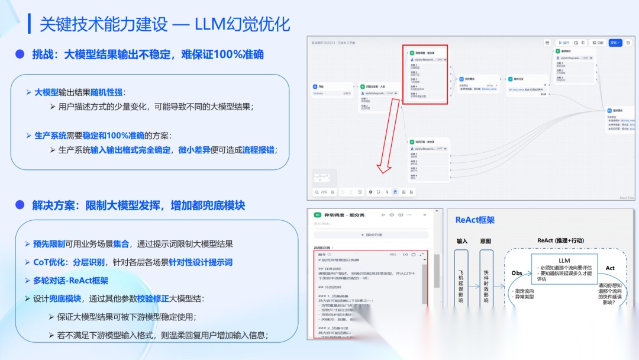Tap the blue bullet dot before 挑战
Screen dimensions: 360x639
tap(20, 54)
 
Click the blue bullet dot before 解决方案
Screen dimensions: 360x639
tap(20, 205)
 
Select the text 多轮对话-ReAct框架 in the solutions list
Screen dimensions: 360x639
tap(70, 280)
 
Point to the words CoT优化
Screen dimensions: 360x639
tap(48, 262)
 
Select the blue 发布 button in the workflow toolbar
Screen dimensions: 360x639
tap(615, 43)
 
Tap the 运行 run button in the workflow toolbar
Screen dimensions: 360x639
tap(564, 43)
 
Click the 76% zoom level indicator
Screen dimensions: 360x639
tap(324, 192)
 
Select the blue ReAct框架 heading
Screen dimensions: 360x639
tap(475, 220)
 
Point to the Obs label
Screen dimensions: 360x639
tap(517, 273)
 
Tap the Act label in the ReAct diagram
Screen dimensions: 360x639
tap(610, 268)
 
